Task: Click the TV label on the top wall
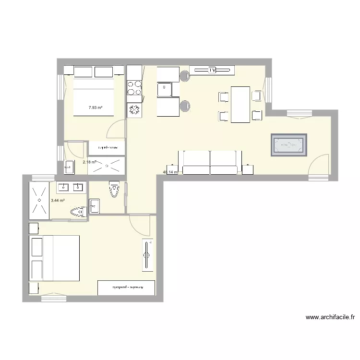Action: (211, 71)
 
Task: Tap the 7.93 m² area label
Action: (96, 108)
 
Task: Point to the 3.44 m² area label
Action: (58, 201)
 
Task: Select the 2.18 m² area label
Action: (90, 162)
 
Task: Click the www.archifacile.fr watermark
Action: (330, 317)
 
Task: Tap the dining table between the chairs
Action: (240, 104)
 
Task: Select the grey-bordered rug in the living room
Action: (288, 145)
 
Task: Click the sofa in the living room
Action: (210, 163)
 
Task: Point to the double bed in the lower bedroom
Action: (54, 258)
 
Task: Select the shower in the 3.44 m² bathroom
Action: (38, 200)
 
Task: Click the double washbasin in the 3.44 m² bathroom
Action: (72, 187)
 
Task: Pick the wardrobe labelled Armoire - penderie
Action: (126, 288)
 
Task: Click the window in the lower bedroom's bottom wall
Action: (53, 298)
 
